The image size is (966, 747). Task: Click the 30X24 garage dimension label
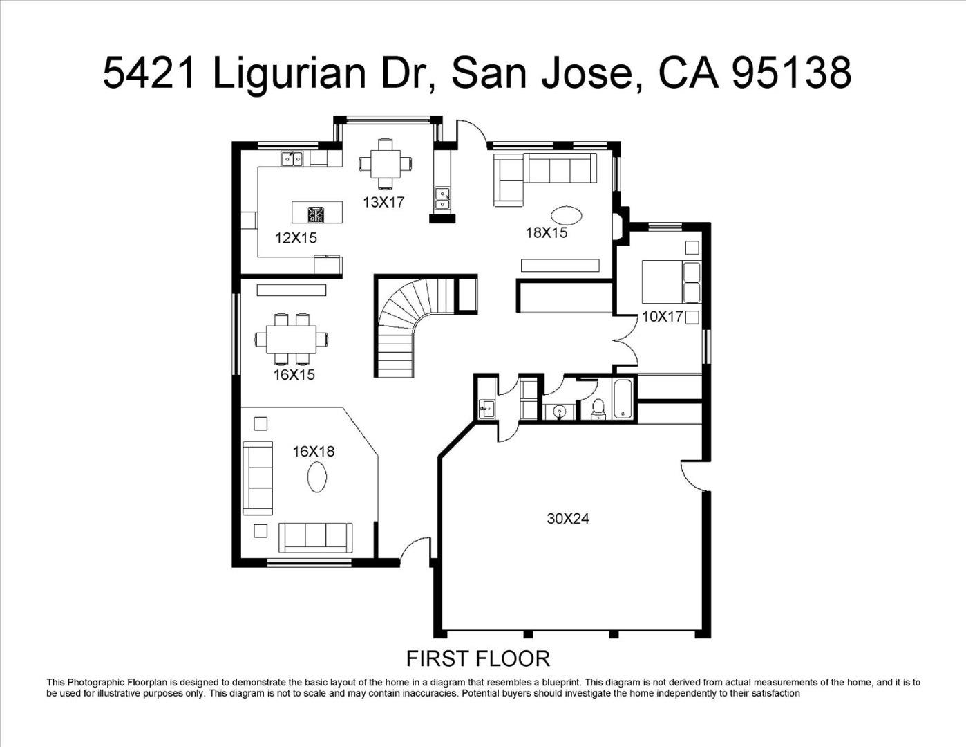[x=568, y=518]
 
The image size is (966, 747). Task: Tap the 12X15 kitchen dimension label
[x=296, y=238]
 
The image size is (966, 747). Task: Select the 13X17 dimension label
[x=383, y=202]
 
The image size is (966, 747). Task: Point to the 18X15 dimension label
[x=547, y=232]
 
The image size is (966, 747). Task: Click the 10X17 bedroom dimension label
[x=663, y=316]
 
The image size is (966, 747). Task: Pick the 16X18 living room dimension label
[x=314, y=452]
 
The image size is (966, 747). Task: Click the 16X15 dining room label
[x=294, y=375]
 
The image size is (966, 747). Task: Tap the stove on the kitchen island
[x=316, y=215]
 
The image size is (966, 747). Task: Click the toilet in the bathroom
[x=598, y=409]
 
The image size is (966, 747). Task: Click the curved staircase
[x=409, y=327]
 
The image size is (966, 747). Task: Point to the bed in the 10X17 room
[x=671, y=282]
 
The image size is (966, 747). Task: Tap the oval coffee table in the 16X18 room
[x=317, y=477]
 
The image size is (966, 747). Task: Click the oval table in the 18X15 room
[x=567, y=216]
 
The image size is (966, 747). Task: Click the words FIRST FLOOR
[x=478, y=659]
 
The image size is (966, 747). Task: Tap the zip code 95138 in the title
[x=791, y=72]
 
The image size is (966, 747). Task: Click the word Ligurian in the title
[x=289, y=72]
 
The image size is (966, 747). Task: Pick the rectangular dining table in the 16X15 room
[x=291, y=339]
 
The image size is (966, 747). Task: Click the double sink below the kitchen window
[x=292, y=159]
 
